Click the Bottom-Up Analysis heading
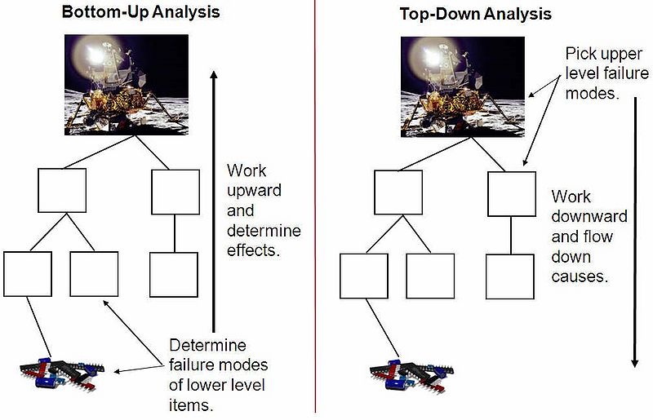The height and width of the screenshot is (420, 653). click(x=140, y=12)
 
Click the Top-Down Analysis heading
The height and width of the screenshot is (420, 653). click(x=476, y=14)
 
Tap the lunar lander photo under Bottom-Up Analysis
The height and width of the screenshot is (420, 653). click(x=127, y=85)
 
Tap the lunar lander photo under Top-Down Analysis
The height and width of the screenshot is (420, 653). click(x=463, y=87)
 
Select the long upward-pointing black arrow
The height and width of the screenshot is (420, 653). click(x=214, y=201)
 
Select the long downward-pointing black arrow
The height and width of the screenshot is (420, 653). click(x=635, y=232)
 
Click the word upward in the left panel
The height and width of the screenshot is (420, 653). click(x=254, y=191)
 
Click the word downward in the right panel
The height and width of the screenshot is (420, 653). click(x=589, y=216)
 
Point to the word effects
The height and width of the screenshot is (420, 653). click(x=254, y=250)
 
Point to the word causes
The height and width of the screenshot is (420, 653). click(x=580, y=276)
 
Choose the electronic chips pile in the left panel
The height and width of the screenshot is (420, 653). click(x=62, y=374)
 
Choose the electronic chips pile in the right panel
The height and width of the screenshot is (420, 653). click(x=412, y=374)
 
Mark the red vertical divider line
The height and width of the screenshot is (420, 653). click(x=315, y=206)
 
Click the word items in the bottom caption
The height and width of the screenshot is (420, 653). click(x=191, y=405)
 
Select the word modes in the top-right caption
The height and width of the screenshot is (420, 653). click(x=593, y=93)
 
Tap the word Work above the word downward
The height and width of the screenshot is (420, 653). click(x=571, y=197)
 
